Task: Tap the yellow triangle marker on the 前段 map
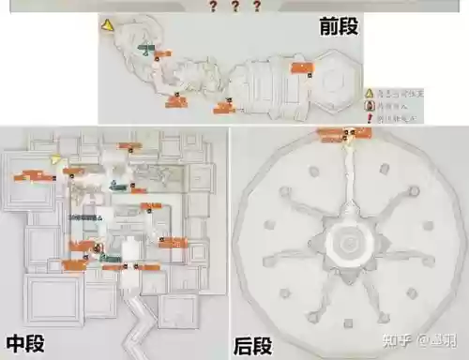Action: coord(109,25)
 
